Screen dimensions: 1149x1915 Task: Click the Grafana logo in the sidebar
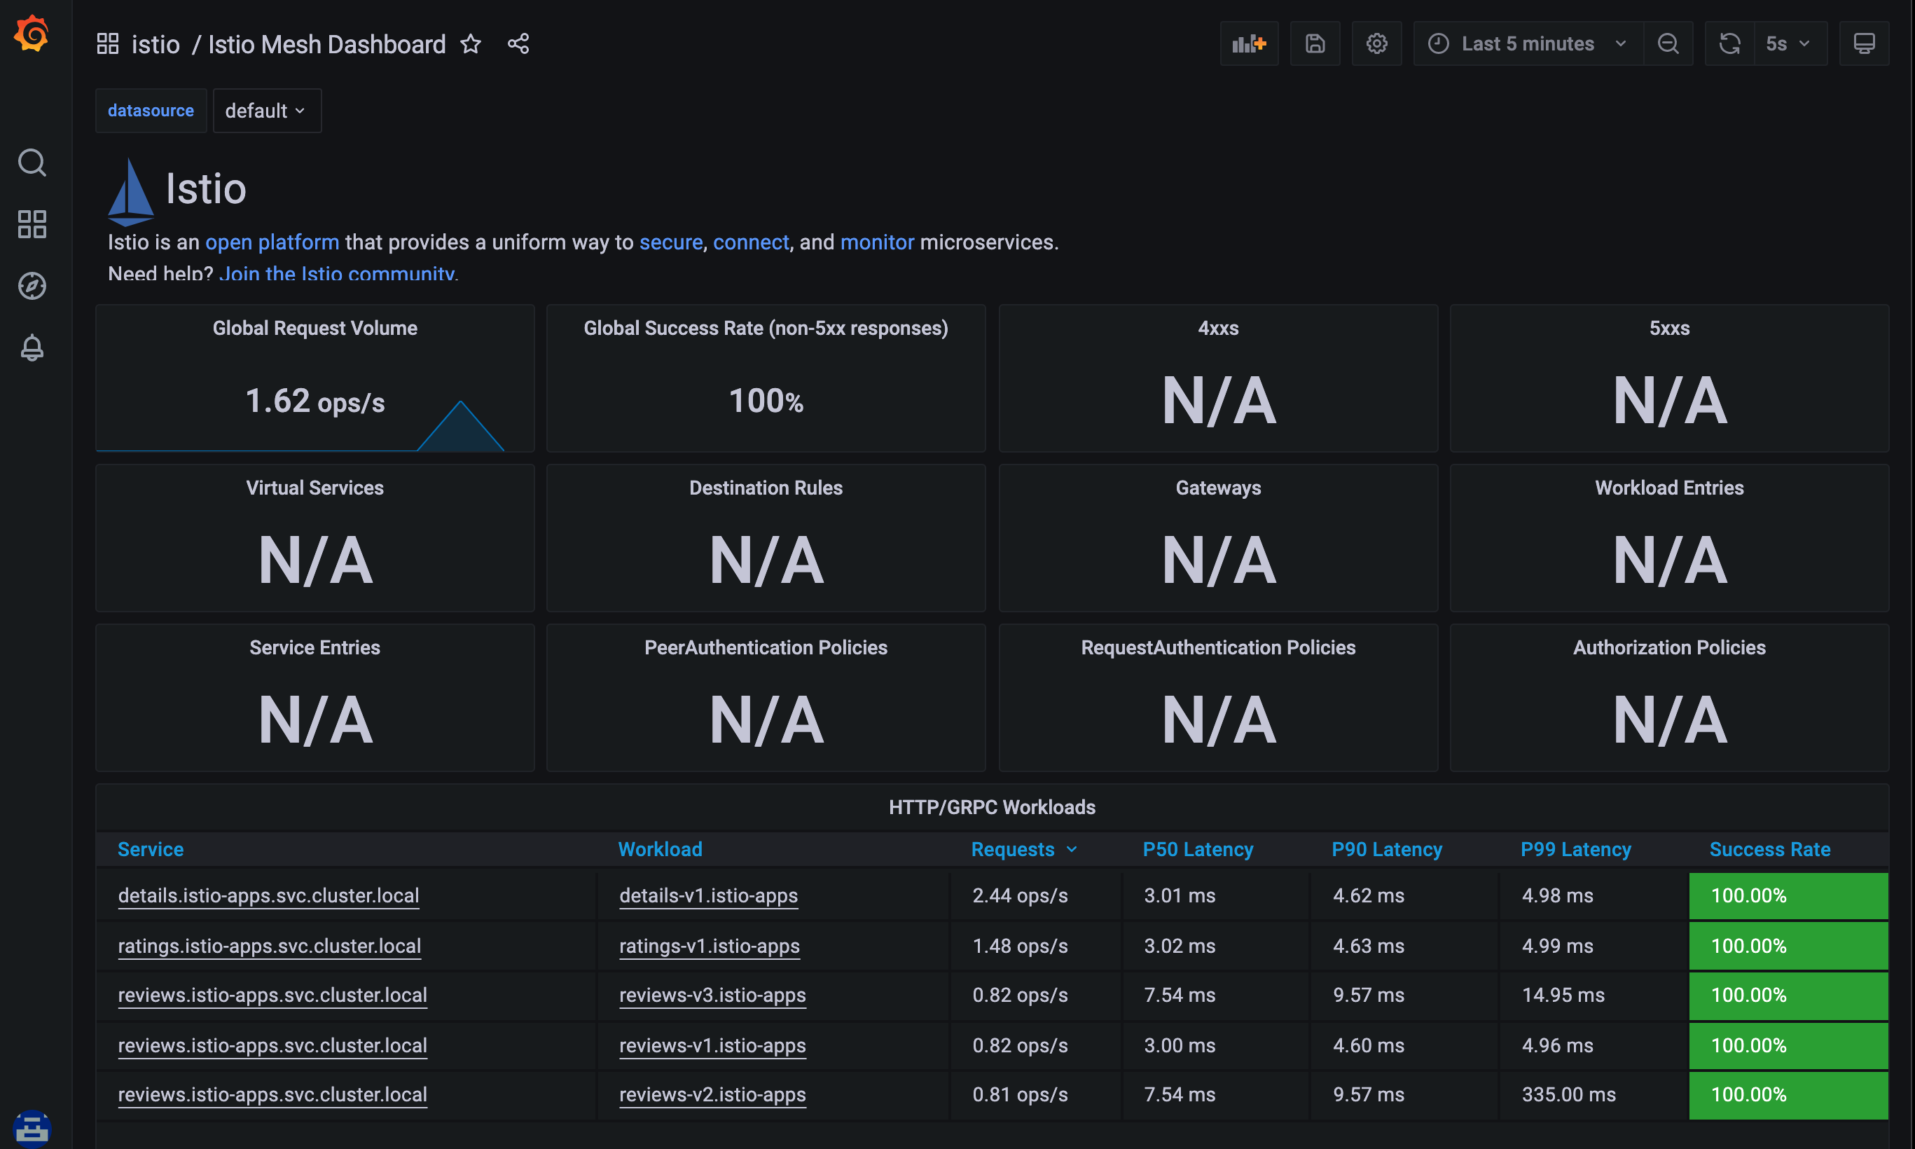(x=32, y=34)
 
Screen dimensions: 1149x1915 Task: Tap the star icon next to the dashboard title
(x=471, y=44)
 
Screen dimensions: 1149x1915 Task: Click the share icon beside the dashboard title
(x=518, y=44)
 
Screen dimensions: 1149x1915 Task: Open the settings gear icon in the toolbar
(x=1376, y=44)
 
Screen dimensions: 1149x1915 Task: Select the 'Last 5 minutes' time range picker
(x=1526, y=44)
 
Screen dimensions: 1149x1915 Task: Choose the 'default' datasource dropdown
(x=265, y=111)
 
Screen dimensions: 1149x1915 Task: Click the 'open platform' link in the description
(x=272, y=242)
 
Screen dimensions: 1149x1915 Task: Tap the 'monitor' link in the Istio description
(x=876, y=242)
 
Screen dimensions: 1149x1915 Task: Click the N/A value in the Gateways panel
(x=1217, y=560)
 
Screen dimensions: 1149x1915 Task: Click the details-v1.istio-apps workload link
(x=707, y=896)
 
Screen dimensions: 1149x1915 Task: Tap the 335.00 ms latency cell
(x=1568, y=1095)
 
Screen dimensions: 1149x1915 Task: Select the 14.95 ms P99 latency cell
(x=1562, y=995)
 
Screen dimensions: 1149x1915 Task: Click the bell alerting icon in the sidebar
(x=32, y=348)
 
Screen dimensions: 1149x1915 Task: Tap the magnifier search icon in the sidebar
(x=32, y=163)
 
